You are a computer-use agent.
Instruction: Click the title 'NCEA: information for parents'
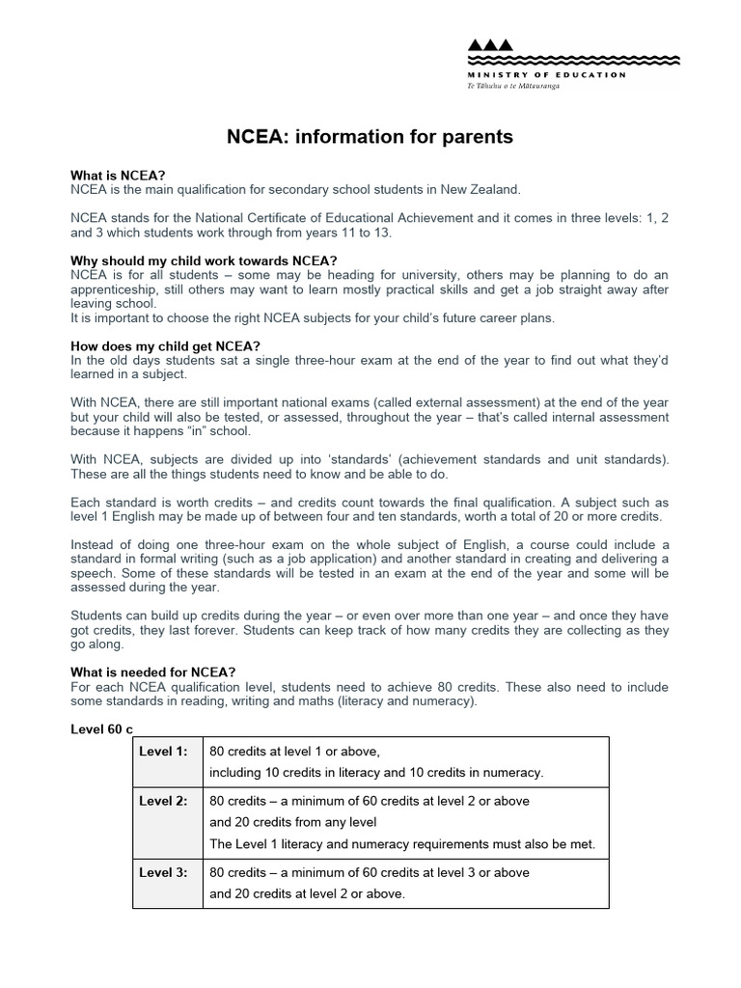[x=370, y=138]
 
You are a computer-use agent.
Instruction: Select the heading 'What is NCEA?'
[x=118, y=176]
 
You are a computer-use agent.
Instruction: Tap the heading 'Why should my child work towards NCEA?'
[x=204, y=261]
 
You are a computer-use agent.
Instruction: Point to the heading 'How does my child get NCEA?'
[x=166, y=346]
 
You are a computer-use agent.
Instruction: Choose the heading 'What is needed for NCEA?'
[x=153, y=672]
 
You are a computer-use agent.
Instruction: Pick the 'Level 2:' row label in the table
[x=164, y=801]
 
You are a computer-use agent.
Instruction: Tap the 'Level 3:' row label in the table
[x=164, y=872]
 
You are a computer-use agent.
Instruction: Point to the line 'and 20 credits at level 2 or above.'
[x=307, y=893]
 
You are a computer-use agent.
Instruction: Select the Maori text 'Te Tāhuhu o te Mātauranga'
[x=513, y=86]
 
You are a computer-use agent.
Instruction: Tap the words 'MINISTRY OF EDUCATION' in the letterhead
[x=546, y=74]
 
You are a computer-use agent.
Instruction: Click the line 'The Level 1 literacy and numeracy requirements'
[x=402, y=844]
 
